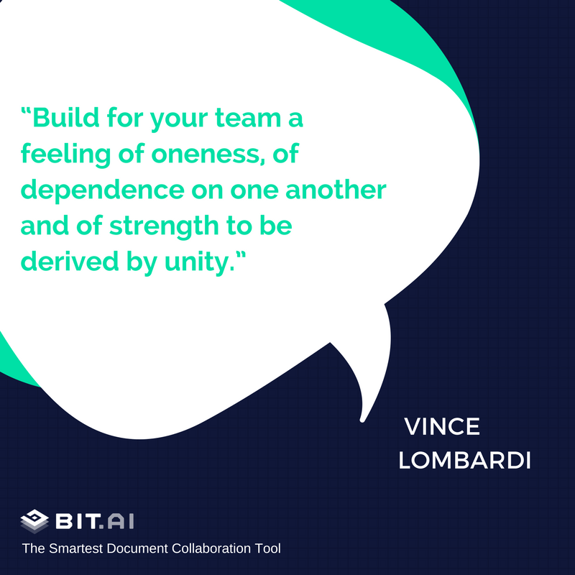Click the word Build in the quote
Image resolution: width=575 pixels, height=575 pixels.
[x=66, y=117]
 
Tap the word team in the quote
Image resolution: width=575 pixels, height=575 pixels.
[x=248, y=118]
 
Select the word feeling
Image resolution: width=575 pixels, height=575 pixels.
[x=65, y=154]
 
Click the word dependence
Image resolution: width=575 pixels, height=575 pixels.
[x=103, y=190]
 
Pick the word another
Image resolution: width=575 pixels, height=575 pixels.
[x=336, y=190]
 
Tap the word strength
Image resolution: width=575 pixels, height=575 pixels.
[x=164, y=226]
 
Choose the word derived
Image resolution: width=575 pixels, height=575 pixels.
[x=70, y=262]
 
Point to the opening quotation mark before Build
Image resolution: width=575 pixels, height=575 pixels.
[x=26, y=111]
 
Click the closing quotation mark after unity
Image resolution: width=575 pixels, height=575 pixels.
[x=241, y=255]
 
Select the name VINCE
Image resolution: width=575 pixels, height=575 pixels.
[x=442, y=426]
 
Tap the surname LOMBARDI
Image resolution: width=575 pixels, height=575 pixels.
[x=464, y=460]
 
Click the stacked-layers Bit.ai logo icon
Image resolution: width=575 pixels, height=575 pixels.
[x=34, y=521]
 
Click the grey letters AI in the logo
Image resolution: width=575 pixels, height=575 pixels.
[x=121, y=521]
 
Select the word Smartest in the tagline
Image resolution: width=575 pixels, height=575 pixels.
[x=76, y=548]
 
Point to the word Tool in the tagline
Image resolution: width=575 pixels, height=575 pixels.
[x=267, y=548]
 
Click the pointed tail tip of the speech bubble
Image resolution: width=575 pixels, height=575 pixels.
[x=362, y=420]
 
